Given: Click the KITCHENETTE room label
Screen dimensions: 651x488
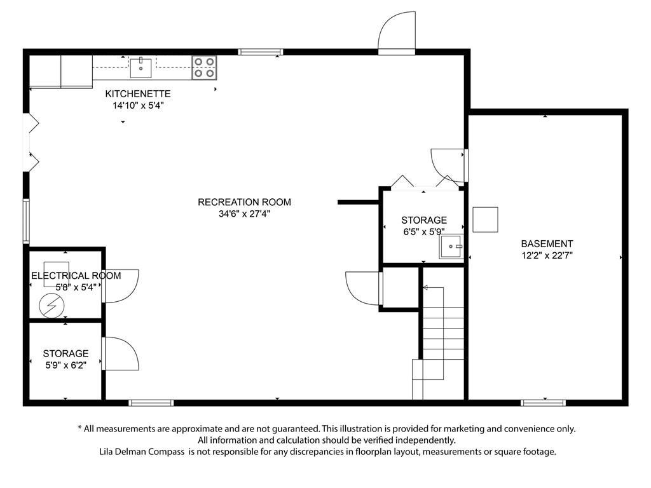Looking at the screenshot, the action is tap(138, 94).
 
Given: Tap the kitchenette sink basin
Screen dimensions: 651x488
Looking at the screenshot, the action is tap(140, 68).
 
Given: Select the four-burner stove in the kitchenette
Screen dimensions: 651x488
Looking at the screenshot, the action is tap(204, 67).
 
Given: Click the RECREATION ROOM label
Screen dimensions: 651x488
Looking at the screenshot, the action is tap(244, 202).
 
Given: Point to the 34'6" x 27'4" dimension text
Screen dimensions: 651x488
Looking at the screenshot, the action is tap(244, 214).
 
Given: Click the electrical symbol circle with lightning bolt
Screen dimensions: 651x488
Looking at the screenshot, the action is tap(52, 306).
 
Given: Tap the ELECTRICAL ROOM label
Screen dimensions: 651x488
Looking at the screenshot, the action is tap(76, 276).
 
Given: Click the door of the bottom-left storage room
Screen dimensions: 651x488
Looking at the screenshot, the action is tap(121, 353).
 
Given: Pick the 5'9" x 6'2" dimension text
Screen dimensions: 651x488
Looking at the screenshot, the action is tap(65, 365).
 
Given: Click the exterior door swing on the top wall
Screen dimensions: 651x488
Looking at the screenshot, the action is tap(397, 33).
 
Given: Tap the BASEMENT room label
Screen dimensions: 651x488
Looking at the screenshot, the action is tap(547, 243).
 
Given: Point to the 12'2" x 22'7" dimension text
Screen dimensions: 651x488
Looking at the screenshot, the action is tap(547, 255).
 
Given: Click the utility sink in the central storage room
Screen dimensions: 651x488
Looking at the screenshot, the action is tap(451, 247).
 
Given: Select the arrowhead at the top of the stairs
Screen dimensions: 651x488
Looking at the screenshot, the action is tap(425, 287).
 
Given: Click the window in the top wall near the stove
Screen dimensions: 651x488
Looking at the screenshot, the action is tap(260, 52).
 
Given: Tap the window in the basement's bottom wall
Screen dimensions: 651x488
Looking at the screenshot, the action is tap(543, 402).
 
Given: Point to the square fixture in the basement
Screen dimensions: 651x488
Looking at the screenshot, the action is tap(485, 219).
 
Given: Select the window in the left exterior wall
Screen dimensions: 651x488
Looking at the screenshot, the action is tap(26, 221).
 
